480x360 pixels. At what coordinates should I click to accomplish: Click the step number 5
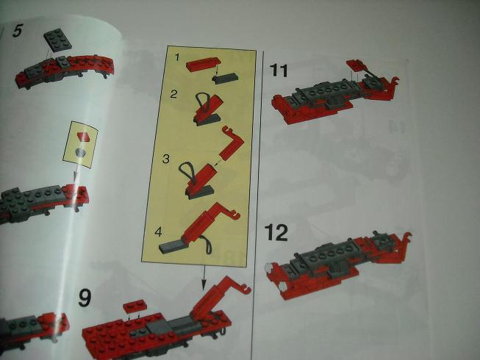(18, 31)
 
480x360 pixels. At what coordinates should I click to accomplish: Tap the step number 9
(85, 298)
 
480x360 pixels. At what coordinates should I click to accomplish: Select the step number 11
(279, 71)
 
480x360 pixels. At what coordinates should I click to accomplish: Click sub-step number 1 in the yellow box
(176, 57)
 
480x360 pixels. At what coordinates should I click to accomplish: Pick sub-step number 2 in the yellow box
(173, 94)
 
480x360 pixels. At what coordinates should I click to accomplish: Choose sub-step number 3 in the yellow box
(166, 159)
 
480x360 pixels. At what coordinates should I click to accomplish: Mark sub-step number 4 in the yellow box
(158, 232)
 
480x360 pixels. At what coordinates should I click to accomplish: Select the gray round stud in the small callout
(82, 152)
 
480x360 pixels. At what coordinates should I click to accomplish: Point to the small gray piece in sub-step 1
(225, 78)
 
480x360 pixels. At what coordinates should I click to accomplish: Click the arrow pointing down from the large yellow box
(204, 278)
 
